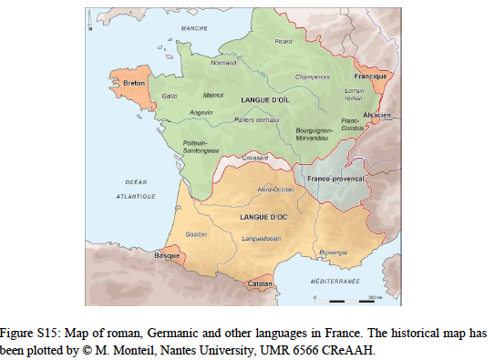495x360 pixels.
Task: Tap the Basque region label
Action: (167, 256)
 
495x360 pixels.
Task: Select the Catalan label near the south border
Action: (262, 284)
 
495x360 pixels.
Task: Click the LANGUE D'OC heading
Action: (264, 218)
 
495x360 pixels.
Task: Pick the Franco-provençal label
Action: (335, 180)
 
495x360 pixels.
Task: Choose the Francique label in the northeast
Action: (371, 75)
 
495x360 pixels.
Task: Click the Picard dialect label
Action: (284, 41)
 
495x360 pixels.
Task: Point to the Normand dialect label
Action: (223, 63)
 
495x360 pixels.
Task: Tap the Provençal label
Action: (335, 251)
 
